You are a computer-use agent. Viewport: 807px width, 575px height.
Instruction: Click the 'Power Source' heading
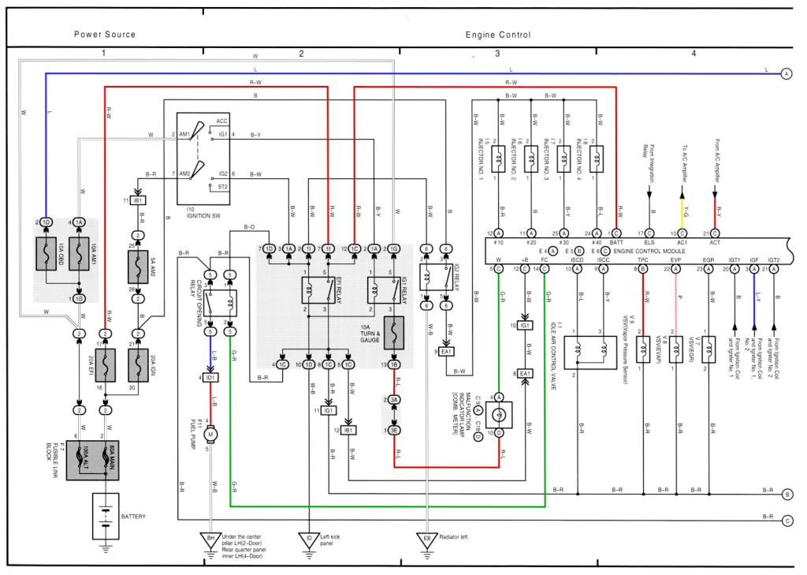(105, 35)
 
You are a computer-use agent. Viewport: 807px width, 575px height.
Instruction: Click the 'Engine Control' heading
(498, 35)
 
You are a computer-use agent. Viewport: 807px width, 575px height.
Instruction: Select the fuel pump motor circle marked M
(210, 434)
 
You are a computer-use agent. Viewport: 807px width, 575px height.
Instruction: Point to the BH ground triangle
(210, 541)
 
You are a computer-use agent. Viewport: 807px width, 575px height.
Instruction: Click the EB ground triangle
(427, 541)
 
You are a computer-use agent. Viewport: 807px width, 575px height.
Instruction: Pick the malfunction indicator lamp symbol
(499, 415)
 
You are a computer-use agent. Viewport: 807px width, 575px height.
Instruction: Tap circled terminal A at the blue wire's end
(786, 74)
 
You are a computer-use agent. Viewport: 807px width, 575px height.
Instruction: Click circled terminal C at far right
(787, 521)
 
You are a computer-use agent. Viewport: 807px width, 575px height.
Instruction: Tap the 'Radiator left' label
(455, 537)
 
